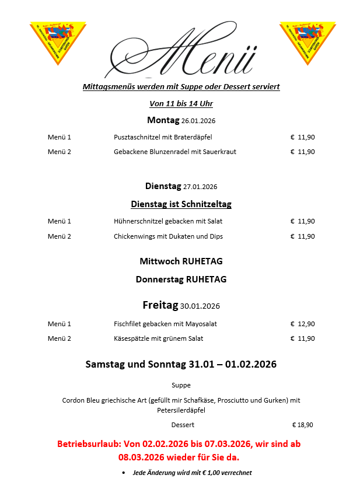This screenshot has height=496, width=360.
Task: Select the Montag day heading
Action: tap(163, 120)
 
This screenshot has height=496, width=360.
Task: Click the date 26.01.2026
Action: tap(199, 121)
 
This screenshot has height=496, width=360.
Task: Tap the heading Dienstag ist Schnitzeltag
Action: tap(181, 204)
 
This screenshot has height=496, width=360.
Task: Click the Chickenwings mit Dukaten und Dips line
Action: tap(168, 236)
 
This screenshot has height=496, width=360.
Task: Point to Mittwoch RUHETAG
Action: tap(181, 261)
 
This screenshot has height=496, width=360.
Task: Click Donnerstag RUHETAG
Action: tap(181, 280)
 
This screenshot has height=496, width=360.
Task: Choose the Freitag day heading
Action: tap(160, 305)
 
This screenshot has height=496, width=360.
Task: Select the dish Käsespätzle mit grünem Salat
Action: tap(159, 338)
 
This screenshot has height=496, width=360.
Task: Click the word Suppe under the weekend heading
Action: tap(181, 385)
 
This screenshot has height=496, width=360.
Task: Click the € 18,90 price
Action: tap(302, 425)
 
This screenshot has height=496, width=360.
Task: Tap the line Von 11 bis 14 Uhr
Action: tap(181, 104)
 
